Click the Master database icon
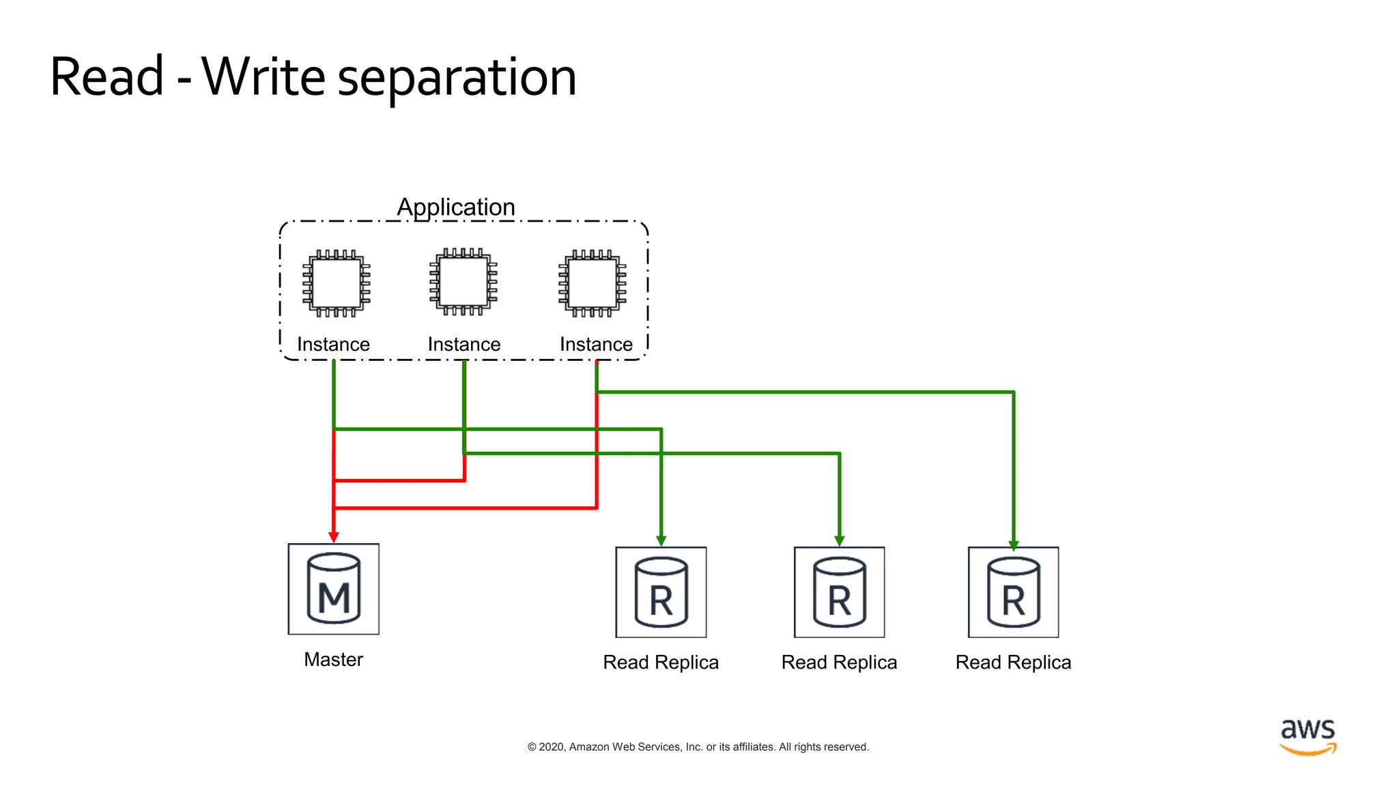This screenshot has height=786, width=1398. (x=333, y=589)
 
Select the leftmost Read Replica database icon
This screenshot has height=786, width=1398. (x=661, y=592)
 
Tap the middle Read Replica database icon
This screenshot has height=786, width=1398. (x=839, y=592)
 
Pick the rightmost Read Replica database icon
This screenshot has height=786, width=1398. (x=1014, y=592)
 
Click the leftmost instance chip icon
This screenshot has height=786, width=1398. (x=336, y=283)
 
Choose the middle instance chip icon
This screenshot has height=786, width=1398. (x=463, y=282)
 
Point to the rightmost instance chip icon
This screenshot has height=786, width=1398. (x=593, y=283)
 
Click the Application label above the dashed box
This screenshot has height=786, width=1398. (x=456, y=207)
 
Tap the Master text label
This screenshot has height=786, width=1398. (x=333, y=660)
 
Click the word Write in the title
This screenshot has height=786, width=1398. (x=263, y=76)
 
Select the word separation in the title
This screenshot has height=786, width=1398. (x=457, y=78)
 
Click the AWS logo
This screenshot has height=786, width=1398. (x=1307, y=737)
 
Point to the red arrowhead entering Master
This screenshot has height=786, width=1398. (x=333, y=538)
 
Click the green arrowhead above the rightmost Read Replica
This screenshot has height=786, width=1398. (x=1014, y=545)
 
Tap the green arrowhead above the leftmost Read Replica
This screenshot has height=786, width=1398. (x=661, y=541)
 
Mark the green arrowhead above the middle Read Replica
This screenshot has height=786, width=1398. (x=840, y=541)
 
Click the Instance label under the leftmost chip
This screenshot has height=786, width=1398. (x=333, y=345)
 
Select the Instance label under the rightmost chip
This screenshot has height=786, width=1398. (x=596, y=345)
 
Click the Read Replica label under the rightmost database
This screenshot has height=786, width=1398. (x=1013, y=663)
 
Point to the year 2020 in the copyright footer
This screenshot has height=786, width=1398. (x=552, y=747)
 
